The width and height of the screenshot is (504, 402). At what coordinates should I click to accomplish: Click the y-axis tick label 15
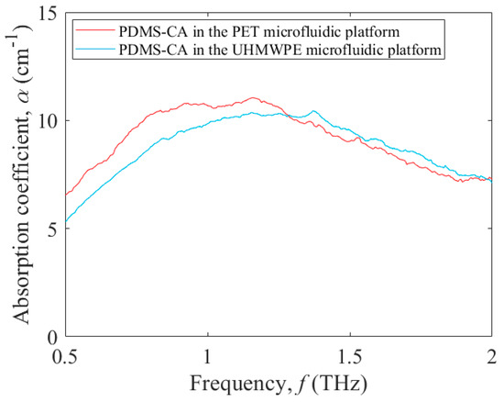tap(49, 14)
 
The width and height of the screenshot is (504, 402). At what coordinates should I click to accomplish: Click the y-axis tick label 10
tap(49, 121)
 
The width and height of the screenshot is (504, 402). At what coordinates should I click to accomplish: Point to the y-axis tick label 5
tap(53, 229)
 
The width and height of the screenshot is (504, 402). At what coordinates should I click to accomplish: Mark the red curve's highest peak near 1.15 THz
tap(253, 97)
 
